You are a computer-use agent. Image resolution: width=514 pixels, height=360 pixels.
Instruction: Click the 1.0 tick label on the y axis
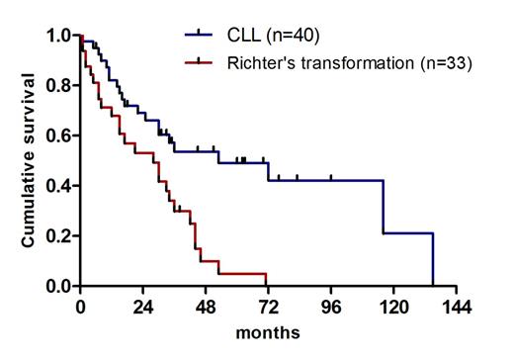(56, 36)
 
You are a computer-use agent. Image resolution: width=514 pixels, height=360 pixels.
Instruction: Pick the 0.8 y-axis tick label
(56, 86)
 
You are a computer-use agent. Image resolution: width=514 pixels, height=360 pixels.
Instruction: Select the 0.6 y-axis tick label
(56, 135)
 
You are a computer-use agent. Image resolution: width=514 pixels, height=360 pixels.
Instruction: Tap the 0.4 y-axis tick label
(56, 186)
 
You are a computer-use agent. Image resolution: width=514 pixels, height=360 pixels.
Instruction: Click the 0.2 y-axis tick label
(56, 236)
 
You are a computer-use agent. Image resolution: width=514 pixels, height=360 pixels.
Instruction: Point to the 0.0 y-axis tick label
(56, 287)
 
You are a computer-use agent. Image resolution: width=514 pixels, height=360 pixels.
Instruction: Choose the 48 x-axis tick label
(206, 306)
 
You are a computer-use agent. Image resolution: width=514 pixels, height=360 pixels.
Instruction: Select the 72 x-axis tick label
(268, 306)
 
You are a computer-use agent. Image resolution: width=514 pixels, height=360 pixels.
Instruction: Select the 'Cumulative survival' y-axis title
(30, 161)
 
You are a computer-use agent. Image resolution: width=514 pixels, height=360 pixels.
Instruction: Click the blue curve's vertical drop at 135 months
(433, 260)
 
